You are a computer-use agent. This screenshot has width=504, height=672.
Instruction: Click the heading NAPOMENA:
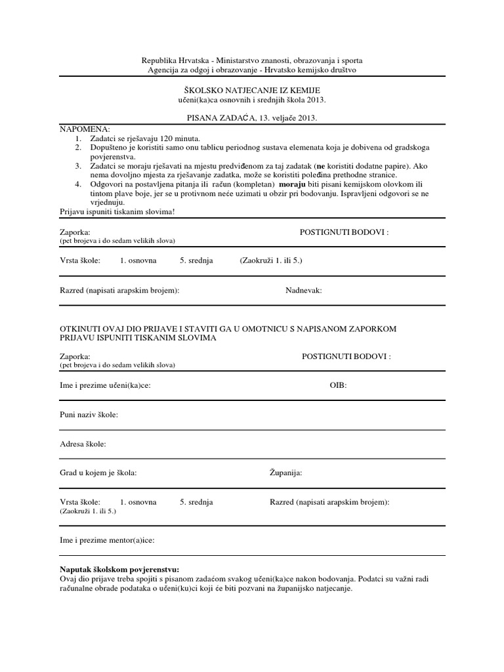(x=85, y=130)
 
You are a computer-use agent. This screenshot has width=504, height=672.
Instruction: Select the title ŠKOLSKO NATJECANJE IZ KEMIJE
(x=252, y=89)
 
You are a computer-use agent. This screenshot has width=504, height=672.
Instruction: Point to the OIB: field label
(x=338, y=385)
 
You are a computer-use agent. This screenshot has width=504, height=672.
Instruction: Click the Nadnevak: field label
(x=304, y=290)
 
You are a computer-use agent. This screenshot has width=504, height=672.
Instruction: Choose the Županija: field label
(x=286, y=472)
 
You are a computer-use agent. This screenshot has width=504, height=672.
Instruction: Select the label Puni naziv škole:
(x=89, y=415)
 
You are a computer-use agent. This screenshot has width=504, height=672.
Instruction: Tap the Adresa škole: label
(x=83, y=444)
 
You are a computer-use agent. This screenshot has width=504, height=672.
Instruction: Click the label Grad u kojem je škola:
(x=98, y=472)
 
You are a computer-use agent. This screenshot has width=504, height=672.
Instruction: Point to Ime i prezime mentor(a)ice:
(x=107, y=541)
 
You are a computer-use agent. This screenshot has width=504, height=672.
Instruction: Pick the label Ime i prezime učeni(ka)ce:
(x=105, y=385)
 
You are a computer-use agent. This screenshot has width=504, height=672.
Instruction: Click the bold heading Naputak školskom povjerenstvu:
(x=119, y=569)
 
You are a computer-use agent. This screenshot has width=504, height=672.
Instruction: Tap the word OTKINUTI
(x=82, y=328)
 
